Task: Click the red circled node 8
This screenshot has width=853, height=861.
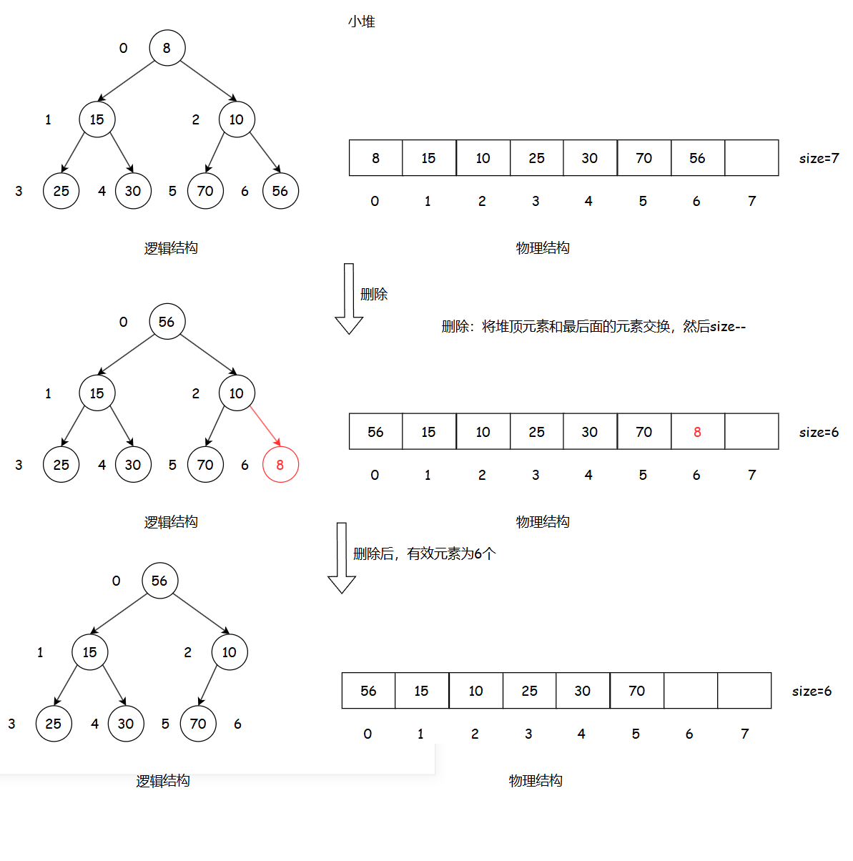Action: tap(280, 465)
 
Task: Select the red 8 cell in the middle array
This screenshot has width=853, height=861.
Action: tap(698, 432)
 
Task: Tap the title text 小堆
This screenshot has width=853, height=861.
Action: tap(362, 21)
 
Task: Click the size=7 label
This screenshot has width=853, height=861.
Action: tap(819, 158)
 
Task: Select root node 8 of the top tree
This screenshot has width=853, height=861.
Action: tap(167, 48)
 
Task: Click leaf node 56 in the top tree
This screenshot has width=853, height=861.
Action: tap(280, 191)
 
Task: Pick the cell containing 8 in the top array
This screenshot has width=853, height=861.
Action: tap(375, 158)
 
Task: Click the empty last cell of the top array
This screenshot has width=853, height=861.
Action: tap(751, 158)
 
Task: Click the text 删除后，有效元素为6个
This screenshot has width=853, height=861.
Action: tap(425, 553)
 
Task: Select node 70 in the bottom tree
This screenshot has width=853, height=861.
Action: tap(198, 724)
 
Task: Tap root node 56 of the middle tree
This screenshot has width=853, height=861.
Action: tap(167, 322)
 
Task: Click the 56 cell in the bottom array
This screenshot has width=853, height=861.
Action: tap(368, 691)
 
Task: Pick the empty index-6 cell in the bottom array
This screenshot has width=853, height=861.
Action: tap(691, 691)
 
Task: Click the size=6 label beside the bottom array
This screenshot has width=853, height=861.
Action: tap(812, 691)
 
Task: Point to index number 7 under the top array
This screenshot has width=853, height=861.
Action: tap(752, 201)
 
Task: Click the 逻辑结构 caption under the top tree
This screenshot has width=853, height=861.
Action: tap(171, 248)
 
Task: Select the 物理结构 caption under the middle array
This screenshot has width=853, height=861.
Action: tap(543, 522)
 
